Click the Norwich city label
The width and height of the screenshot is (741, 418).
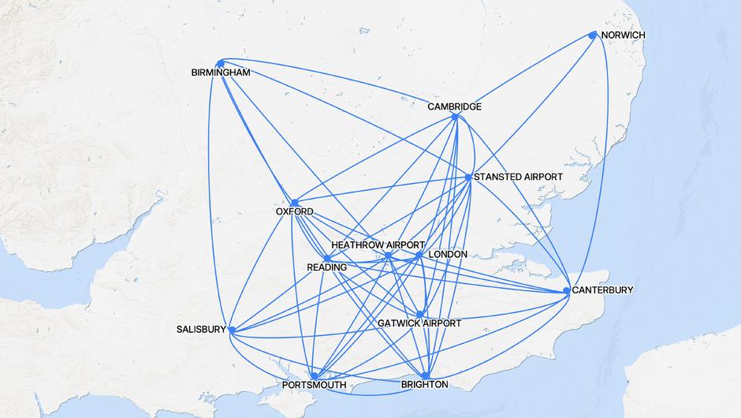tap(623, 36)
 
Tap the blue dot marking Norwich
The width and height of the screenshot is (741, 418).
tap(593, 35)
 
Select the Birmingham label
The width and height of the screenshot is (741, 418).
tap(221, 73)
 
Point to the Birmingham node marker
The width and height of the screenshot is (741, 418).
tap(221, 63)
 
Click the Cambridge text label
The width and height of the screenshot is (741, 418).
tap(455, 106)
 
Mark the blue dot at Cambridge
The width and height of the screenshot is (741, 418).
tap(456, 117)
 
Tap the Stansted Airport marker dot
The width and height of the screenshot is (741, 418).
tap(468, 177)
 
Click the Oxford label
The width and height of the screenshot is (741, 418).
tap(294, 212)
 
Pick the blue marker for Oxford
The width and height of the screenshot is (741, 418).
tap(294, 203)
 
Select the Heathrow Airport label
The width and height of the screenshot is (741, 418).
tap(378, 245)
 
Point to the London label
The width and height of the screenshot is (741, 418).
tap(447, 255)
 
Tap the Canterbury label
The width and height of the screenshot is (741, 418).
tap(602, 290)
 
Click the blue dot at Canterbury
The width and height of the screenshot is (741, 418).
tap(567, 291)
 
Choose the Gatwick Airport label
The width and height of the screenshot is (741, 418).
tap(419, 324)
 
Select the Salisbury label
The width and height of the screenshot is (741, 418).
tap(202, 330)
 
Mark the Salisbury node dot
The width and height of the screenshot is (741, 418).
tap(231, 330)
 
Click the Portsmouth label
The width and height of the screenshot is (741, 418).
tap(314, 386)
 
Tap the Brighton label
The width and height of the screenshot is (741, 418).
tap(425, 385)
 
